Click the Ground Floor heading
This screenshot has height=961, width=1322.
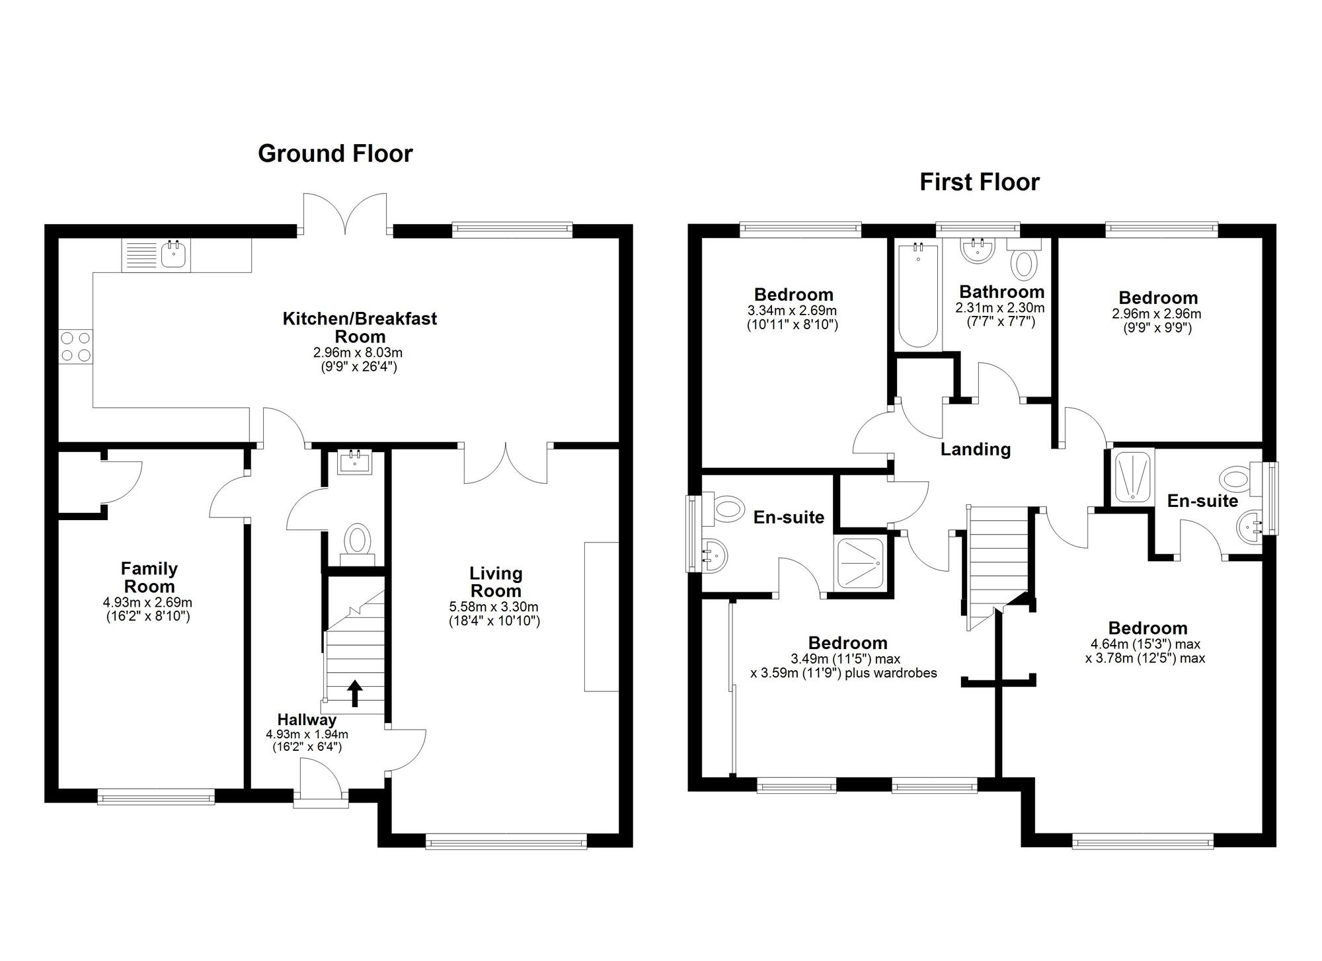click(335, 153)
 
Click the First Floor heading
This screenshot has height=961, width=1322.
click(980, 182)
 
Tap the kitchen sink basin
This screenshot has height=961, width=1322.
click(173, 255)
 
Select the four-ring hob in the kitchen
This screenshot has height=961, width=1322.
click(75, 346)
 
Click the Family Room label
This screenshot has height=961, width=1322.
click(149, 577)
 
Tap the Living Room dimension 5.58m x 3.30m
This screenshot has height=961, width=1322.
click(494, 607)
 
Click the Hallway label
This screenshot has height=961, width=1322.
click(307, 720)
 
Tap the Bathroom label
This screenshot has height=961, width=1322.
click(1002, 291)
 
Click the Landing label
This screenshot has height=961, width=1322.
click(976, 449)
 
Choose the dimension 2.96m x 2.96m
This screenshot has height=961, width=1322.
click(1157, 314)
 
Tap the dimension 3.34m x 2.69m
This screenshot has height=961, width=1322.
click(793, 311)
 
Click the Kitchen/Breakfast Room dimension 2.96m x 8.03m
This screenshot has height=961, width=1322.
click(358, 353)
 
